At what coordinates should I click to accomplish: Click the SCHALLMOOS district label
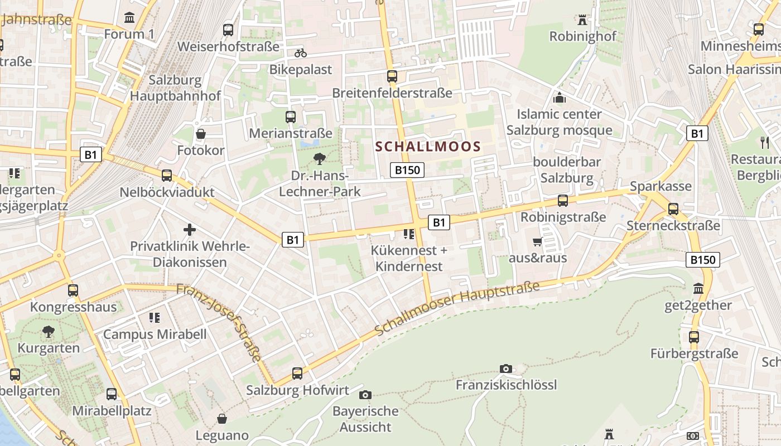(428, 147)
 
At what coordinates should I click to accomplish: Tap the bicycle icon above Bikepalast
(301, 53)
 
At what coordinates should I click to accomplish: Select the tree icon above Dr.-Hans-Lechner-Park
(320, 159)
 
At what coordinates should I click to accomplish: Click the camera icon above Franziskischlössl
(506, 369)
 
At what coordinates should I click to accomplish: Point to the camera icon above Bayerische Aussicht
(365, 395)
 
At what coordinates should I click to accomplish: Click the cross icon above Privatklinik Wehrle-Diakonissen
(190, 229)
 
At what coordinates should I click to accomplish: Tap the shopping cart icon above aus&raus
(537, 241)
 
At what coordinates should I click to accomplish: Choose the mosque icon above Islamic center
(560, 98)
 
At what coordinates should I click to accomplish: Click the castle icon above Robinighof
(582, 20)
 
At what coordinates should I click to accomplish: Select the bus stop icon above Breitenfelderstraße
(392, 76)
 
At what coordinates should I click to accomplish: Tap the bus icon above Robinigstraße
(563, 201)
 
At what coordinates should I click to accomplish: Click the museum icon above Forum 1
(129, 18)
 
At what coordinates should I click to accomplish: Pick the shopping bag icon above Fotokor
(201, 134)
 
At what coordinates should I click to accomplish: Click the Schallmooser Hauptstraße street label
(457, 308)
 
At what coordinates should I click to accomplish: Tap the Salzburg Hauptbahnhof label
(175, 88)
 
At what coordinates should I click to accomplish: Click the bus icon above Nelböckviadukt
(167, 176)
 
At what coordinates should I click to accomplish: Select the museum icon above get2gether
(698, 289)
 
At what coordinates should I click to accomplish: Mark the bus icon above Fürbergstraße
(694, 337)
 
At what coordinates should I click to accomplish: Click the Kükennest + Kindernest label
(409, 258)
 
